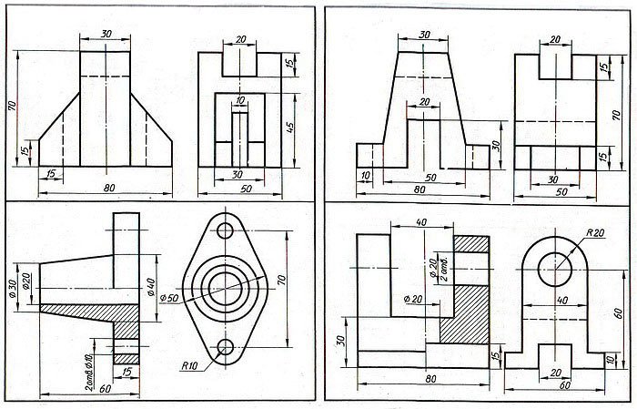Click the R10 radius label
tap(190, 365)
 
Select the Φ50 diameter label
tap(169, 298)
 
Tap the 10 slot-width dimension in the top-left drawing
tap(239, 101)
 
